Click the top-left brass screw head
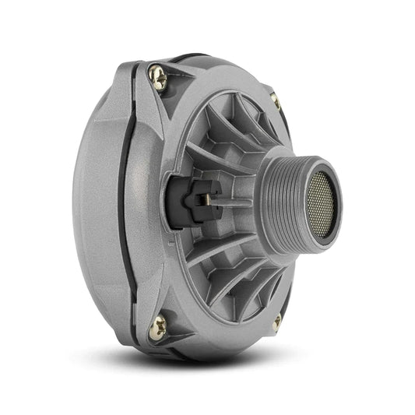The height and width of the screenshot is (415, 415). pyautogui.click(x=158, y=76)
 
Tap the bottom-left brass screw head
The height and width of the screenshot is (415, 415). pyautogui.click(x=158, y=327)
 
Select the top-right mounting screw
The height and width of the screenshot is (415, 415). pyautogui.click(x=275, y=100)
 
